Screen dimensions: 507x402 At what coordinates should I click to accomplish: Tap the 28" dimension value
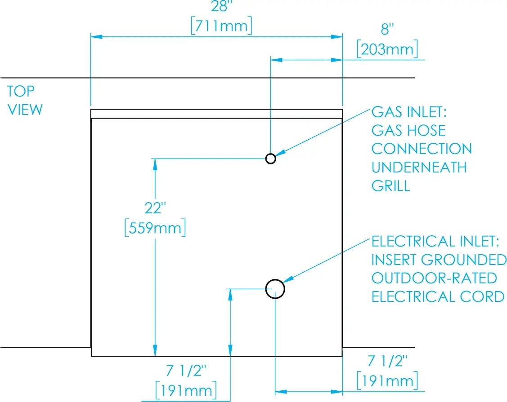tap(221, 6)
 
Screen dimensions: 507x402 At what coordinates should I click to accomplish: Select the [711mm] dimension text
tap(221, 26)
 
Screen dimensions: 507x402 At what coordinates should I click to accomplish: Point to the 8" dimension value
tap(387, 29)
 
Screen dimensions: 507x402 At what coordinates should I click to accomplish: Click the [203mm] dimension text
tap(387, 49)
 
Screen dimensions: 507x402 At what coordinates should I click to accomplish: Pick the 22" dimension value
tap(155, 208)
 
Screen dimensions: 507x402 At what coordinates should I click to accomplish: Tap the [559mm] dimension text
tap(155, 228)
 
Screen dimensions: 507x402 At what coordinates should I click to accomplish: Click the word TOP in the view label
tap(21, 91)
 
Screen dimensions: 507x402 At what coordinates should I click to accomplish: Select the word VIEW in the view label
tap(25, 110)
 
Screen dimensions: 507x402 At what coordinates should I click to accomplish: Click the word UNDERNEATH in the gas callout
tap(419, 167)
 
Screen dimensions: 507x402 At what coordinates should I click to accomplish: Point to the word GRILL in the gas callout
tap(391, 186)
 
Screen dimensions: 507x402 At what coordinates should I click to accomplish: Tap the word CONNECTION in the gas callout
tap(422, 149)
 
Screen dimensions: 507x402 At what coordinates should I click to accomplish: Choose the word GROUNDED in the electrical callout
tap(464, 260)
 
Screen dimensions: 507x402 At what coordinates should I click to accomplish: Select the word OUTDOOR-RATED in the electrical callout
tap(434, 278)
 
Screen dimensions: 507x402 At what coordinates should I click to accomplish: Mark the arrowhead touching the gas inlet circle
tap(280, 153)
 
